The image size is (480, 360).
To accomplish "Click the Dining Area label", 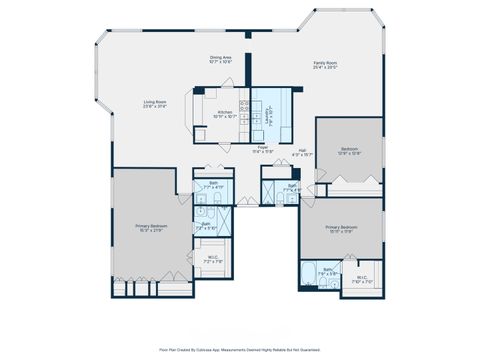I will (x=221, y=57).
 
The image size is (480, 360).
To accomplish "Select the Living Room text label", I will (x=155, y=101).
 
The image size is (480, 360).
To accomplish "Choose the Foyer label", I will (x=262, y=146).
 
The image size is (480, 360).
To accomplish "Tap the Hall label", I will (x=302, y=152).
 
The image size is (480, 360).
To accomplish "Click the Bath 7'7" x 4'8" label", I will (x=293, y=186).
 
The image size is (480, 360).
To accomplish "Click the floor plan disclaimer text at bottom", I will (x=240, y=351).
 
